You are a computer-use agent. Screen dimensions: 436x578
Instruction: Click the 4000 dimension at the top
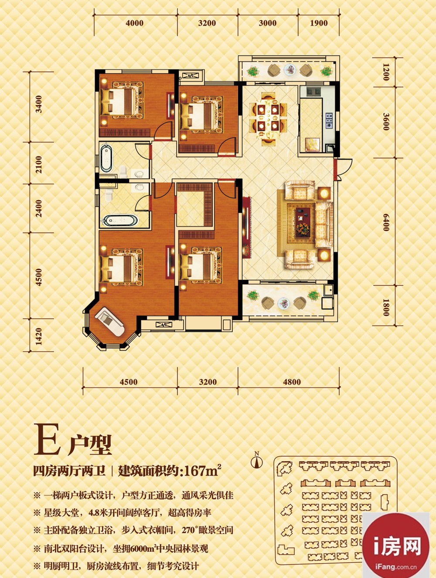click(x=135, y=23)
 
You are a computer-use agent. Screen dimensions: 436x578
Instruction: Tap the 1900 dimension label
click(x=319, y=23)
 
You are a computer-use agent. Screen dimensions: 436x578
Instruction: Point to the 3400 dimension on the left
click(x=39, y=104)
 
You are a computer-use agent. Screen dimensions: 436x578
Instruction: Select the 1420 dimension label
click(x=39, y=337)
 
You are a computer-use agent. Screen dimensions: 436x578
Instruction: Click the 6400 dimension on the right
click(x=386, y=222)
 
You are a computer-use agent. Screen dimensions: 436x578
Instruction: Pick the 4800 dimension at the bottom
click(x=292, y=382)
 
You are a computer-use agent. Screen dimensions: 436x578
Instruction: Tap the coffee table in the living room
click(x=303, y=221)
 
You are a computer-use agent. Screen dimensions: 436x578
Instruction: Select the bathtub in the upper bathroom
click(x=106, y=159)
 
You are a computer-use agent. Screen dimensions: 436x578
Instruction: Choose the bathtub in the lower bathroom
click(x=121, y=221)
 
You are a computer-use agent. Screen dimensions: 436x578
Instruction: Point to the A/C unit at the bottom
click(x=164, y=324)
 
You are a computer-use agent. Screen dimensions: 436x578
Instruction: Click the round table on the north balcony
click(x=290, y=70)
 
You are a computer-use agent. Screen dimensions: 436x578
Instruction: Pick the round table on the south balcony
click(x=284, y=303)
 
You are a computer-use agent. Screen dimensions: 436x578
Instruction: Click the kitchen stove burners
click(x=329, y=120)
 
